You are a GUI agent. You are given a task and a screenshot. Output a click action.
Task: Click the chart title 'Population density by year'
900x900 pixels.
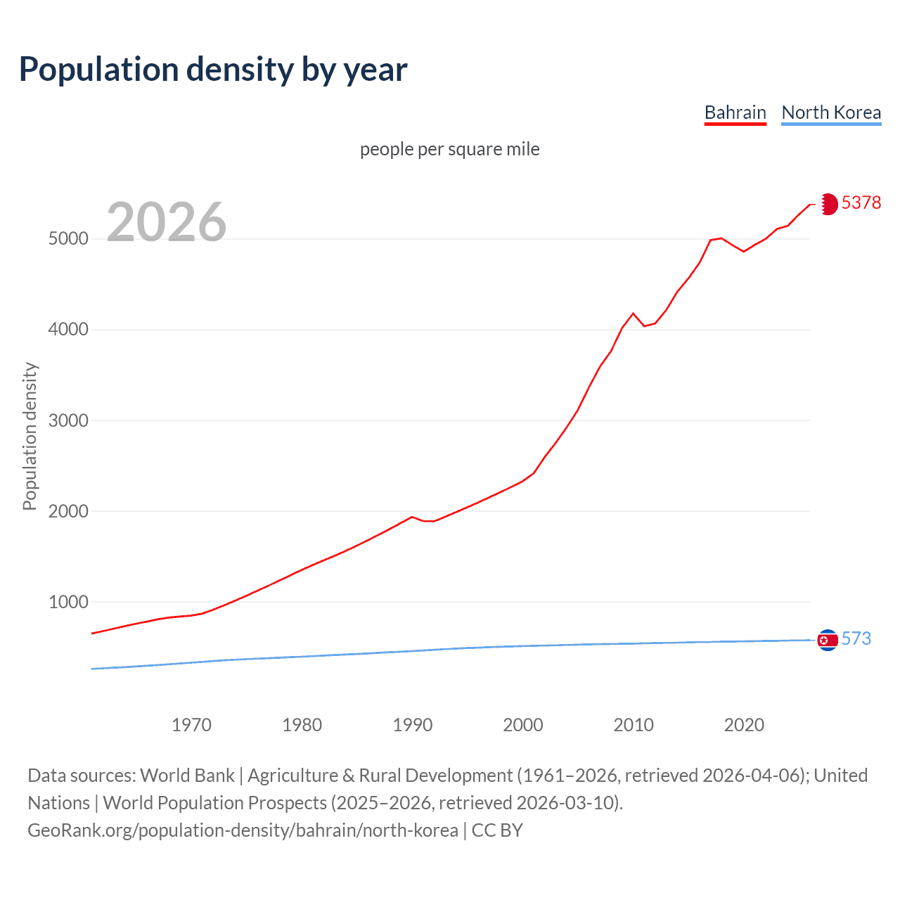tap(213, 69)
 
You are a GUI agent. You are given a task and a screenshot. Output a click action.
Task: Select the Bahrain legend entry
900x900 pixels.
tap(735, 112)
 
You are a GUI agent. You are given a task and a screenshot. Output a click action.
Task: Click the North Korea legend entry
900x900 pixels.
tap(831, 112)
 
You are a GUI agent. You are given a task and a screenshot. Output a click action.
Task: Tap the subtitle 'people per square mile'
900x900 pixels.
tap(449, 149)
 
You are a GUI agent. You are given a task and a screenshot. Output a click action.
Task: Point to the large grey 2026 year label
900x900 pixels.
tap(167, 222)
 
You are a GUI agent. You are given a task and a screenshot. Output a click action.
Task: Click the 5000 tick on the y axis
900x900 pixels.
tap(68, 238)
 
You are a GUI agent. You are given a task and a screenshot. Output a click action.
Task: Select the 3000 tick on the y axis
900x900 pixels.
tap(68, 420)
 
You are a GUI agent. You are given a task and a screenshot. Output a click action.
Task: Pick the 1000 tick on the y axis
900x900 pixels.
tap(68, 602)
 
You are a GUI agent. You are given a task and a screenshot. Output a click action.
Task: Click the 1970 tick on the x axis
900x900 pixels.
tap(191, 725)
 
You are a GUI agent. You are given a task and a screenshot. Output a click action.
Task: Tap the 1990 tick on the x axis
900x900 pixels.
tap(413, 725)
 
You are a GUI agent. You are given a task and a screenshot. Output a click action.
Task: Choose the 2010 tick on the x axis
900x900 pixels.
tap(634, 725)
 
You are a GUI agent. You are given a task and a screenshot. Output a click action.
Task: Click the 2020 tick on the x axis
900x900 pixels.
tap(744, 725)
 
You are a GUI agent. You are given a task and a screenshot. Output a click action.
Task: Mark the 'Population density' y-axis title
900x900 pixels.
tap(30, 436)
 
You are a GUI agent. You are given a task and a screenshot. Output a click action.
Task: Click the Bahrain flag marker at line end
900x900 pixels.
tap(828, 204)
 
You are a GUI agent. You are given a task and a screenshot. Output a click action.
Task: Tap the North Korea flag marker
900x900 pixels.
tap(828, 640)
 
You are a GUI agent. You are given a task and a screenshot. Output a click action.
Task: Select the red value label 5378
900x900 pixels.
tap(861, 202)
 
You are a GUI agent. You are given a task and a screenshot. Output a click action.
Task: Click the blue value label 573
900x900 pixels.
tap(856, 638)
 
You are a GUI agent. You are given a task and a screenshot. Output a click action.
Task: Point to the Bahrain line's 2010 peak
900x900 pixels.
tap(634, 314)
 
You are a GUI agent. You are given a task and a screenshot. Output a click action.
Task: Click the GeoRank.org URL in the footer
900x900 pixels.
tap(243, 830)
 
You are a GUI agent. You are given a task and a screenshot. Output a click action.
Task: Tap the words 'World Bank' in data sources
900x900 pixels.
tap(187, 776)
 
